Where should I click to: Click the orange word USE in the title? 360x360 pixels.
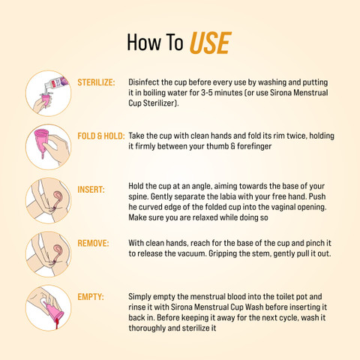pos(211,43)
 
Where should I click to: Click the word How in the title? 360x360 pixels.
pos(144,42)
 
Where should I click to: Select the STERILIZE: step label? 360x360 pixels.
pos(96,82)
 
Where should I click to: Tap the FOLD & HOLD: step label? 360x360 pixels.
pos(101,136)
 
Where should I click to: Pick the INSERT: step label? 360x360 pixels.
pos(91,190)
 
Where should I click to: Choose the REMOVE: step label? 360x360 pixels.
pos(93,243)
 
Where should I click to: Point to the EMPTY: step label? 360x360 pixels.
pos(91,297)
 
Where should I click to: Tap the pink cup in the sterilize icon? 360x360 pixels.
pos(46,100)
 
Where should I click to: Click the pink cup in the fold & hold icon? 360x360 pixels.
pos(41,141)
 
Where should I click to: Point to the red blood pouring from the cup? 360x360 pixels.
pos(57,322)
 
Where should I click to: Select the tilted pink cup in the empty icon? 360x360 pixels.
pos(55,310)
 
